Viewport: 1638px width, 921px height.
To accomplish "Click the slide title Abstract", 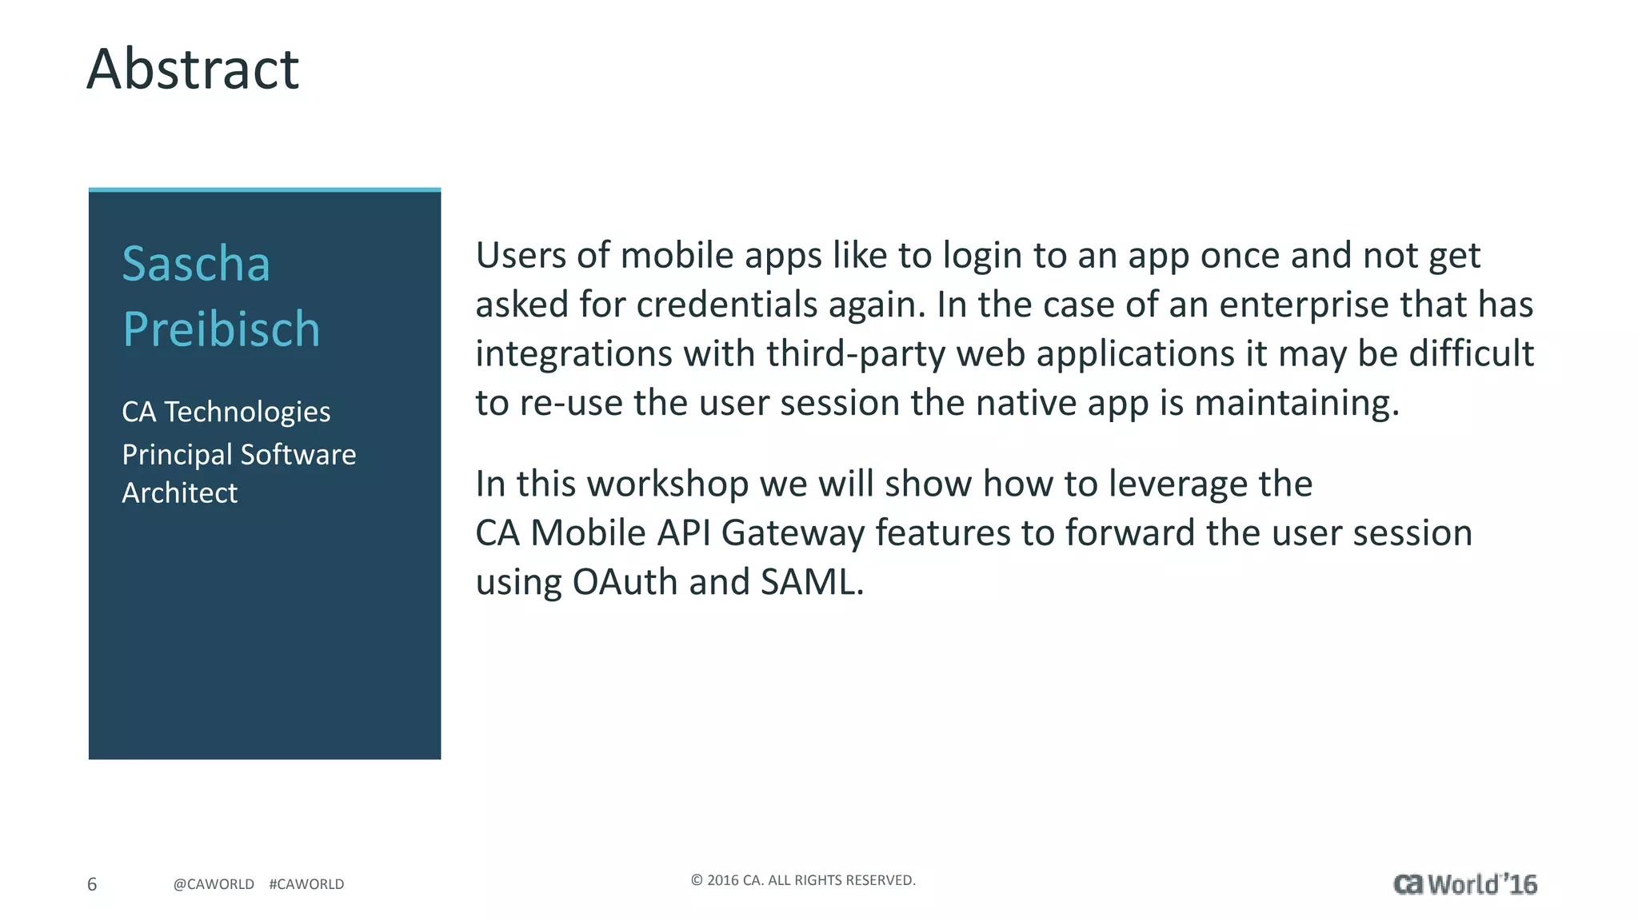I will [193, 69].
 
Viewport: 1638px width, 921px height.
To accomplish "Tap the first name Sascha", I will [196, 264].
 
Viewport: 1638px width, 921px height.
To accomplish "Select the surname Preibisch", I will [222, 329].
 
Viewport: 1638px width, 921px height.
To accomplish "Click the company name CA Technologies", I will [226, 412].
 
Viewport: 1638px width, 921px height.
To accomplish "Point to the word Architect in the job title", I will [179, 493].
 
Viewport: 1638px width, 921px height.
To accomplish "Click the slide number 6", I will [92, 884].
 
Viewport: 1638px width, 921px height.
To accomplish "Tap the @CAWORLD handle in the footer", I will [214, 884].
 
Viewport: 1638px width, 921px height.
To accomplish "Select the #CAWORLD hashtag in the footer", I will [306, 884].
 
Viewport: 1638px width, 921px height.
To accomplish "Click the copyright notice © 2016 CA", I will [803, 880].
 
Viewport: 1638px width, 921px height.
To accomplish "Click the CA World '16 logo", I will [1464, 884].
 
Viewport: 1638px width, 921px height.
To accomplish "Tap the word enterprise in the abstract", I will [1304, 305].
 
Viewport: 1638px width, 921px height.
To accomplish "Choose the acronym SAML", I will [811, 582].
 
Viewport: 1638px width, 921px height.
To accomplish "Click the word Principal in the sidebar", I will [177, 455].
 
